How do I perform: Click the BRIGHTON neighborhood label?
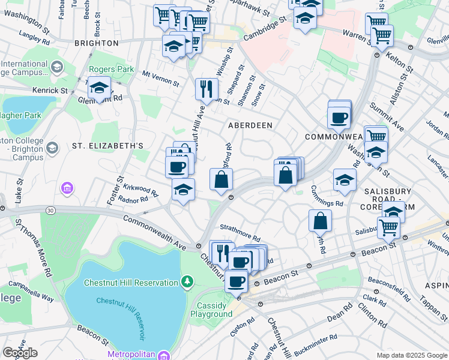[96, 43]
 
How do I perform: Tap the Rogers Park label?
[112, 69]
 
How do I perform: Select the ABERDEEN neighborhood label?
[250, 125]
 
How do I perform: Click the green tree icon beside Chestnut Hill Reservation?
[188, 282]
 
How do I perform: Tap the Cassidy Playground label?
[211, 310]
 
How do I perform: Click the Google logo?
[20, 352]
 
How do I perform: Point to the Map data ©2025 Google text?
[411, 355]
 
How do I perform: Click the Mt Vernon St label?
[160, 78]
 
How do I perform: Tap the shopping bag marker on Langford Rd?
[221, 178]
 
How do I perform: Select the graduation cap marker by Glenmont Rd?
[99, 88]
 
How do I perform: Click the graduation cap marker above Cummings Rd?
[345, 179]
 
